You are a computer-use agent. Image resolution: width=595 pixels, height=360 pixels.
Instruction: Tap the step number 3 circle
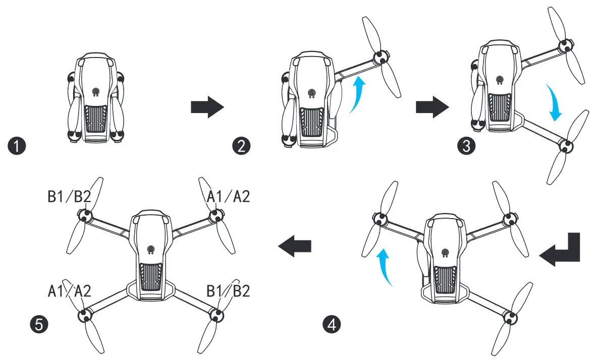[465, 146]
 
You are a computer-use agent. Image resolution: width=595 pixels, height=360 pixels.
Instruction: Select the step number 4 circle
[331, 324]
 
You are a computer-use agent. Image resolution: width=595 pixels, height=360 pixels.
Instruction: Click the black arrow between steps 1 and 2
[207, 108]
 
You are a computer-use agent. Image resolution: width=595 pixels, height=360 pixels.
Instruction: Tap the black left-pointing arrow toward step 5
[295, 246]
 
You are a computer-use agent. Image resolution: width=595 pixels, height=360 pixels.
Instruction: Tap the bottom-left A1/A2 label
[69, 291]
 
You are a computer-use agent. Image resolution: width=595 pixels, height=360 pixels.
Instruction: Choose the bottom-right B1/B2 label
[228, 291]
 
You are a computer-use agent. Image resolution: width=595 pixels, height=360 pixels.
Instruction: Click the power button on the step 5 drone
[150, 249]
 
